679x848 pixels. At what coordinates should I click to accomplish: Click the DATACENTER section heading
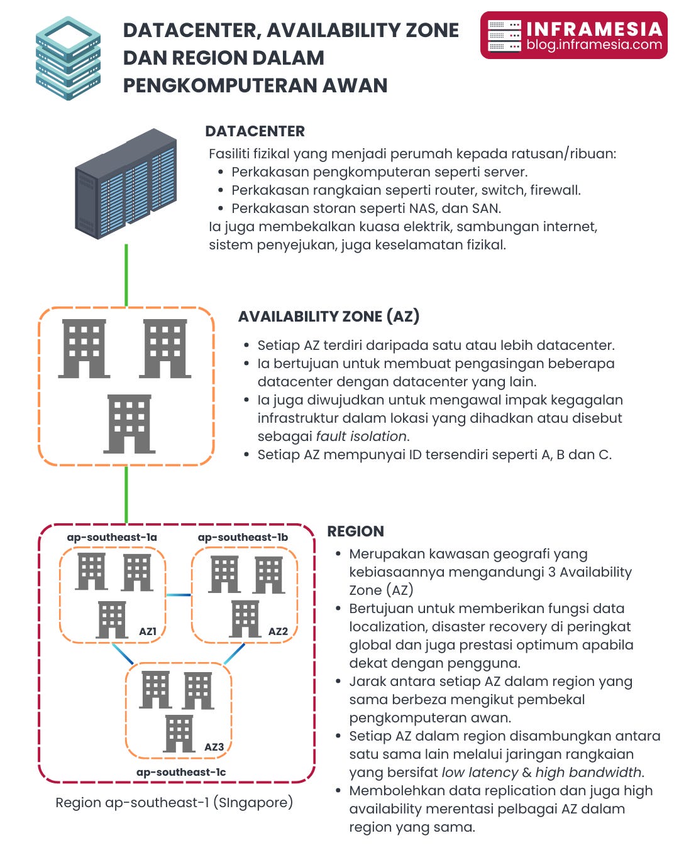[x=255, y=131]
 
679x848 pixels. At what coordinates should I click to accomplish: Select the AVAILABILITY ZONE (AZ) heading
[x=328, y=317]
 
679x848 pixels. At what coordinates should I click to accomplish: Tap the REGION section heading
[x=355, y=531]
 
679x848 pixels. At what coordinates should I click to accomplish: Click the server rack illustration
[x=126, y=183]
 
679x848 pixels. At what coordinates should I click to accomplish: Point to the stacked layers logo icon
[x=68, y=58]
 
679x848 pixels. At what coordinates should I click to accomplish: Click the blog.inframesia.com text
[x=594, y=45]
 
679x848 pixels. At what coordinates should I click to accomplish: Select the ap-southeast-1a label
[x=112, y=538]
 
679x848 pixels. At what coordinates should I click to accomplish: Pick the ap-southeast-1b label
[x=243, y=538]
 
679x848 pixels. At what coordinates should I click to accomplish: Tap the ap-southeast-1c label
[x=181, y=773]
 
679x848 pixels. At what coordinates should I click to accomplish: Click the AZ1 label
[x=148, y=631]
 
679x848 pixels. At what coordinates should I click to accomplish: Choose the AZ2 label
[x=278, y=631]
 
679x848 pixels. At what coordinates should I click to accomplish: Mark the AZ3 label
[x=214, y=747]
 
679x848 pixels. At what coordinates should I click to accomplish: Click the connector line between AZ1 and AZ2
[x=179, y=595]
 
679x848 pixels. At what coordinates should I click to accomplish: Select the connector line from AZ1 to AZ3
[x=123, y=653]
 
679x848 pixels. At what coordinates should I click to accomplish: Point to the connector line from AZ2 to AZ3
[x=235, y=653]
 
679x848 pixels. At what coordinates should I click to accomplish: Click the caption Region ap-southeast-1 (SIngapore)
[x=174, y=803]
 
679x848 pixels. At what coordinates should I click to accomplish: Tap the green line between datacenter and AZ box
[x=126, y=275]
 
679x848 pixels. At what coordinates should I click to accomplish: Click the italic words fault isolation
[x=362, y=437]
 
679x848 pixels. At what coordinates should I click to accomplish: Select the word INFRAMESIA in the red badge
[x=594, y=29]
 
